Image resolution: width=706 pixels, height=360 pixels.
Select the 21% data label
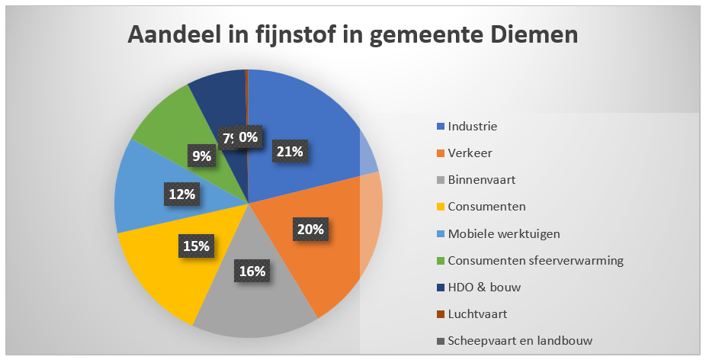pos(289,152)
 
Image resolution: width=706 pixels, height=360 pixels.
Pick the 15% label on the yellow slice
pos(196,246)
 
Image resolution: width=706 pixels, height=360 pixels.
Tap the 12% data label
pos(181,194)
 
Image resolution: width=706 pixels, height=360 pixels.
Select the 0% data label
pos(248,137)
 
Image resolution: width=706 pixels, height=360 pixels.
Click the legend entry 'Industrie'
pos(472,126)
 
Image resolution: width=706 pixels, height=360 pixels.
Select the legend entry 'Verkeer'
pos(470,153)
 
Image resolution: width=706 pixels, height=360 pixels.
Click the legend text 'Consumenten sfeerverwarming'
pos(535,260)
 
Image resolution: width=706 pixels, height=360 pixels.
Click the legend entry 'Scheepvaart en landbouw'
pos(520,340)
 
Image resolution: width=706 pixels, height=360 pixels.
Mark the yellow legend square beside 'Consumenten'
pos(440,207)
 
